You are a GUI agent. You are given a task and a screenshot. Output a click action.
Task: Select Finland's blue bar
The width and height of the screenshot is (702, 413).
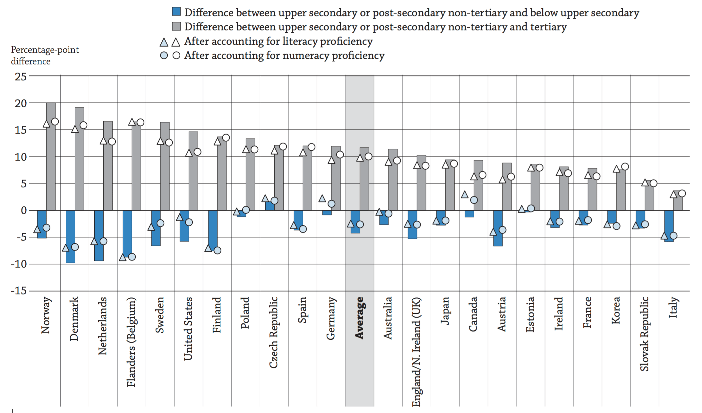(x=213, y=230)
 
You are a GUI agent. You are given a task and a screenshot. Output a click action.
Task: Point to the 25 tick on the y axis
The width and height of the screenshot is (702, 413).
(x=21, y=76)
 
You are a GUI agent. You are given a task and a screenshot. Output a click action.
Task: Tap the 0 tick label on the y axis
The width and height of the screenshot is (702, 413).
(x=24, y=210)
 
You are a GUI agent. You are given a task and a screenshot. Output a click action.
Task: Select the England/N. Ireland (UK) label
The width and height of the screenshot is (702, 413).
(x=416, y=352)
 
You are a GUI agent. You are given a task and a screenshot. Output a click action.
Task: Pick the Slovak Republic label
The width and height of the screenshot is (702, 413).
(x=644, y=334)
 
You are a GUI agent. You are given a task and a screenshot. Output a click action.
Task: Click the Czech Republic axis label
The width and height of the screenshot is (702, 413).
(x=273, y=332)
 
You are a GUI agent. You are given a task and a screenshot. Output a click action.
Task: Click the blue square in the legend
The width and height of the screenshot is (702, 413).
(x=176, y=12)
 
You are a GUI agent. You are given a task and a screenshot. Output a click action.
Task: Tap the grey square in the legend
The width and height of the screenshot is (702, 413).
(x=176, y=26)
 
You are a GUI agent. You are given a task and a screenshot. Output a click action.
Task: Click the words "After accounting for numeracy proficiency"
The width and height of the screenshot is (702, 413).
(x=284, y=55)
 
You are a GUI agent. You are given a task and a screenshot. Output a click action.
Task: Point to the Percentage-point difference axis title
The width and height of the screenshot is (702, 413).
(x=45, y=55)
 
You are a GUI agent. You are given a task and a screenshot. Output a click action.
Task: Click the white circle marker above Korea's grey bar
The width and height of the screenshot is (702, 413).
(x=625, y=167)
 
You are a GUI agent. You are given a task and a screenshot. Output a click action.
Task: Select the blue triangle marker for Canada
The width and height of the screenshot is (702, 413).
(x=465, y=194)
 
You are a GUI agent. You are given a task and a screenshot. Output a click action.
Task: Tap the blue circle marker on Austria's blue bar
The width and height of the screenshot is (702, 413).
(x=502, y=230)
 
